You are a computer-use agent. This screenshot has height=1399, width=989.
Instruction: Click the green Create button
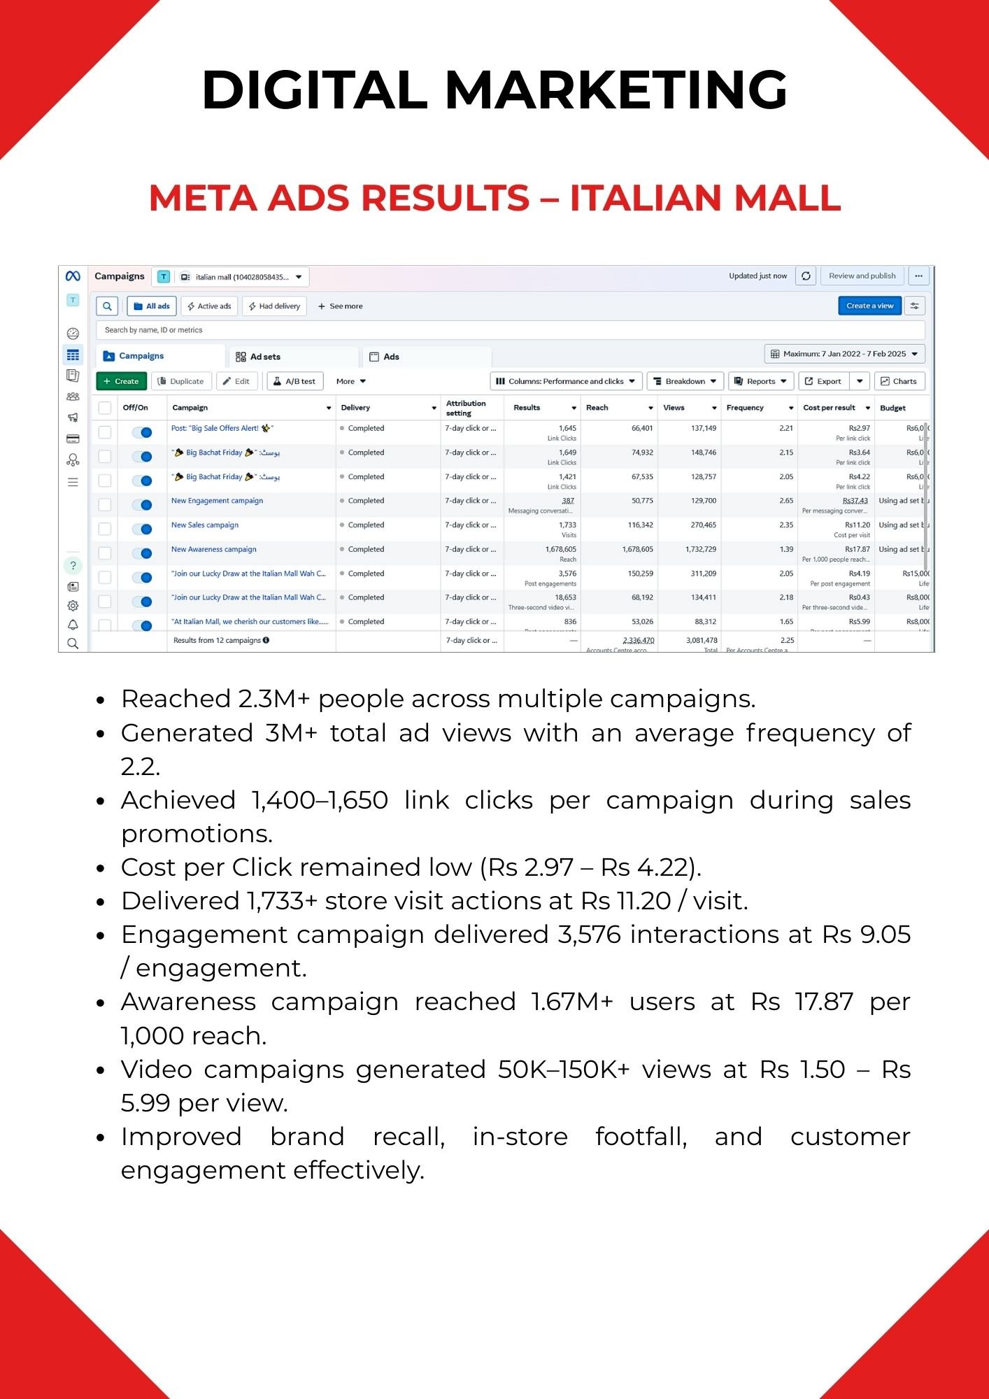(121, 381)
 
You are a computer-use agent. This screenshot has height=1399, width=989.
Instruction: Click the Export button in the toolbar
(823, 381)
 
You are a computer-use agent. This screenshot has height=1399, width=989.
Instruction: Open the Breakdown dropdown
(685, 381)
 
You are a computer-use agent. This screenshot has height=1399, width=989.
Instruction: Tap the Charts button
(899, 381)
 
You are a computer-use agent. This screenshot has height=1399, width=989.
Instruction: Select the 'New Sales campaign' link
(205, 525)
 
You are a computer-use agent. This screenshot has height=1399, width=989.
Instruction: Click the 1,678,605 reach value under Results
(560, 550)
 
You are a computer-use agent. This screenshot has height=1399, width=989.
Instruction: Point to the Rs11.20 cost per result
(857, 525)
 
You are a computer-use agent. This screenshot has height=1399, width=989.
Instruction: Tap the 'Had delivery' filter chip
(274, 306)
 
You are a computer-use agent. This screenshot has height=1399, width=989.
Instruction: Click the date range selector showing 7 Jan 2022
(844, 354)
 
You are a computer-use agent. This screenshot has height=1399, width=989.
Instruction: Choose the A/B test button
(294, 381)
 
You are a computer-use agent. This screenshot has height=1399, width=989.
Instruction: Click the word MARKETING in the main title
(616, 90)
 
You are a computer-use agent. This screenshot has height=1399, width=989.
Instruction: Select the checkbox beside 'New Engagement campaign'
(105, 504)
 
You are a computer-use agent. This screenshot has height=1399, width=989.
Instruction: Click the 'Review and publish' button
(862, 276)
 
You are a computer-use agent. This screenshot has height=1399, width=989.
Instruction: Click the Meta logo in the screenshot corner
(73, 276)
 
